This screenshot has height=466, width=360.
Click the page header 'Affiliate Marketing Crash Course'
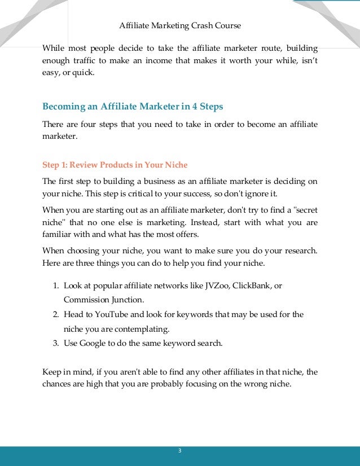(x=181, y=26)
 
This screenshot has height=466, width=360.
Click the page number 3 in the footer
(x=180, y=451)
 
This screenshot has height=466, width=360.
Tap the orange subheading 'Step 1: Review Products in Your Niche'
(x=115, y=165)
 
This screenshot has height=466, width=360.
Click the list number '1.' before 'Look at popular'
(x=56, y=286)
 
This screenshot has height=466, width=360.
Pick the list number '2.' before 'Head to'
(x=56, y=314)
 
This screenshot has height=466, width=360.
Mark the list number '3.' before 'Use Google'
(x=56, y=342)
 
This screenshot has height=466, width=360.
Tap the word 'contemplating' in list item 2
(x=138, y=328)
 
